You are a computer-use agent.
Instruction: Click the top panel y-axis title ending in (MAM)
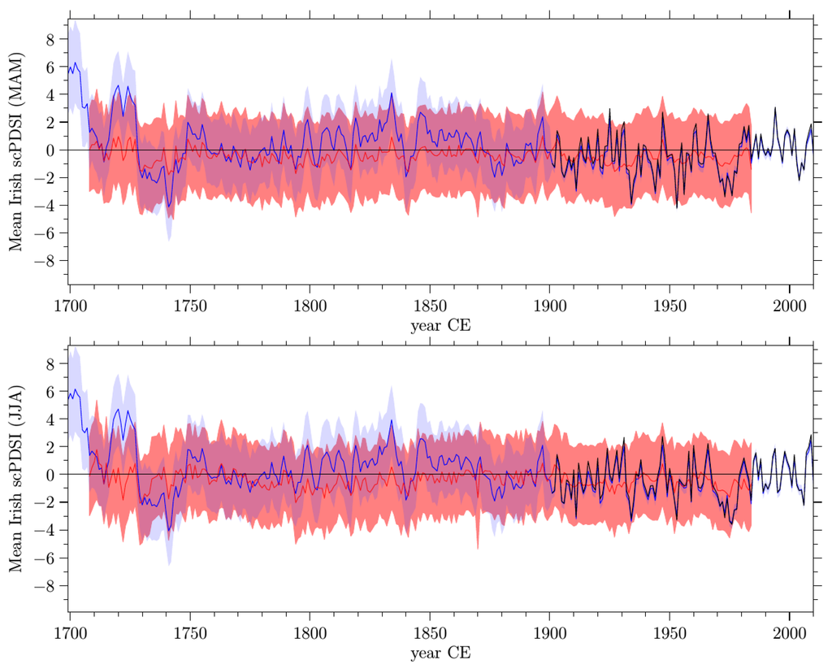pos(15,150)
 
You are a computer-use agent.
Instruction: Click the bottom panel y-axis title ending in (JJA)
pos(15,475)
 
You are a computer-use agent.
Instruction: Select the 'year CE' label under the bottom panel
pos(441,651)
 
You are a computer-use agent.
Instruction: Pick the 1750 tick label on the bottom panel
pos(189,632)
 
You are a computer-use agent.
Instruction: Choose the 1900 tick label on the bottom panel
pos(549,632)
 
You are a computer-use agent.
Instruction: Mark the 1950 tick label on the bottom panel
pos(669,632)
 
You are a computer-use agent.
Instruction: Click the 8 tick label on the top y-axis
pos(50,39)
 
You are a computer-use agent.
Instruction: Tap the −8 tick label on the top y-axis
pos(45,261)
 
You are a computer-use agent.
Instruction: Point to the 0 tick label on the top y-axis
pos(50,150)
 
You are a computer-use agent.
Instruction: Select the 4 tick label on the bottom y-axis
pos(50,419)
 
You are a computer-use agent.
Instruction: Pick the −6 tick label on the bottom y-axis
pos(45,558)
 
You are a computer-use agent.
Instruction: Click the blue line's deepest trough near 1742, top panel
pos(170,206)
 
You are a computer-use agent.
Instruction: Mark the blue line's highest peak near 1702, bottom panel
pos(76,389)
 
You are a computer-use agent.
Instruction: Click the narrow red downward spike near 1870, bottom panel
pos(478,546)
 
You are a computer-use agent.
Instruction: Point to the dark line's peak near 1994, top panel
pos(775,108)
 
